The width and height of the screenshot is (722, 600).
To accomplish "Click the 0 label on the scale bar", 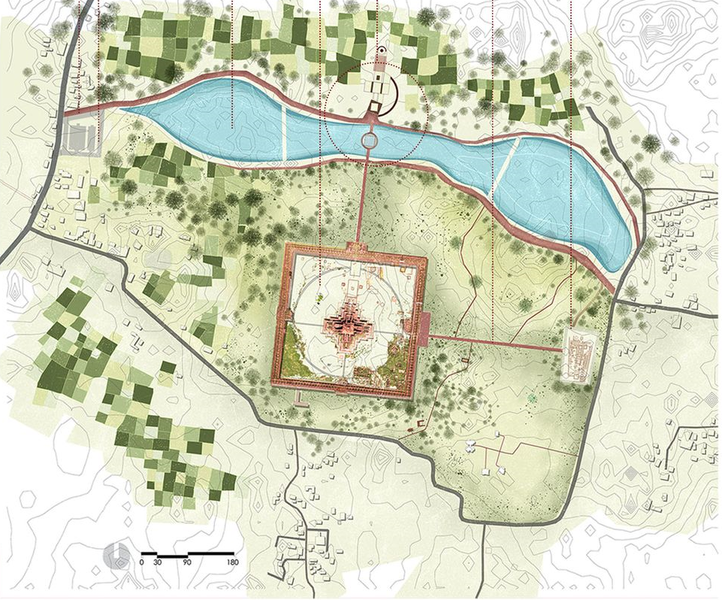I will point(141,562).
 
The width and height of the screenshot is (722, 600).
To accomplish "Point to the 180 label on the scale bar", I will point(233,562).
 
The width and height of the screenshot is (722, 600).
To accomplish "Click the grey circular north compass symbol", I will point(116,554).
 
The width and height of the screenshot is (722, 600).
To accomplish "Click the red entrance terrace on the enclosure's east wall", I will point(421,324).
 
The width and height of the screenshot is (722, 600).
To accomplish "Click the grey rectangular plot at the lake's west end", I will point(80,138).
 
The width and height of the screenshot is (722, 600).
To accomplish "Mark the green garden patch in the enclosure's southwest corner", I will point(295,361).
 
